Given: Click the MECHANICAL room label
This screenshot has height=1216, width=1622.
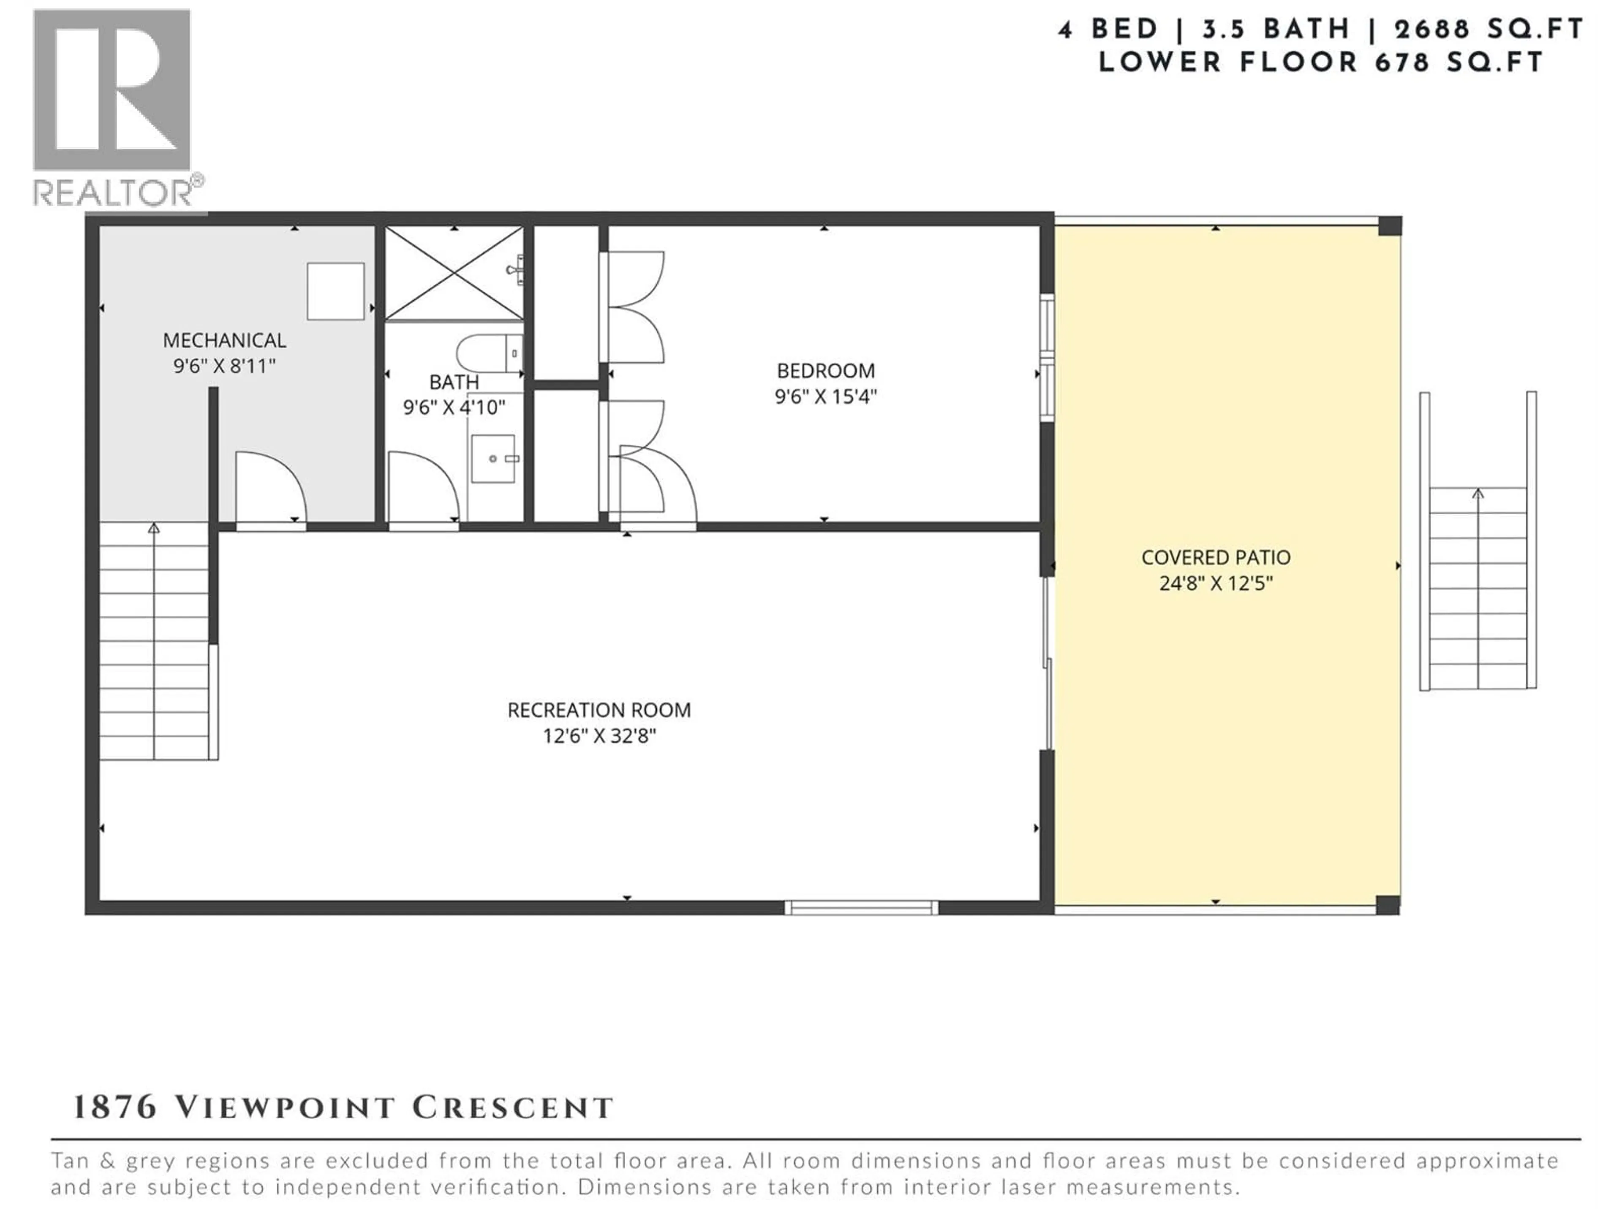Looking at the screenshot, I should pyautogui.click(x=224, y=340).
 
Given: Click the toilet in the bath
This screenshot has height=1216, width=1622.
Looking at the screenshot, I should pyautogui.click(x=489, y=354).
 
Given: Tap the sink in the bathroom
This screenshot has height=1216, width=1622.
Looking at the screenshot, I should pyautogui.click(x=493, y=459).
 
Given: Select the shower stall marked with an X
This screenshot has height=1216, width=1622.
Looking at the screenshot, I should pyautogui.click(x=454, y=274).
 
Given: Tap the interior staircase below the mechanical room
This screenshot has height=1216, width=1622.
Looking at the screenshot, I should pyautogui.click(x=154, y=641).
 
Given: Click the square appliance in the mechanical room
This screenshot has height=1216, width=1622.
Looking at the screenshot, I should pyautogui.click(x=335, y=291).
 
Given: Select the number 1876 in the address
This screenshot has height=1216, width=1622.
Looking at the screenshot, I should pyautogui.click(x=115, y=1107).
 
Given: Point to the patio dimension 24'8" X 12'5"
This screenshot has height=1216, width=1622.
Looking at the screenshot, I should pyautogui.click(x=1215, y=584).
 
